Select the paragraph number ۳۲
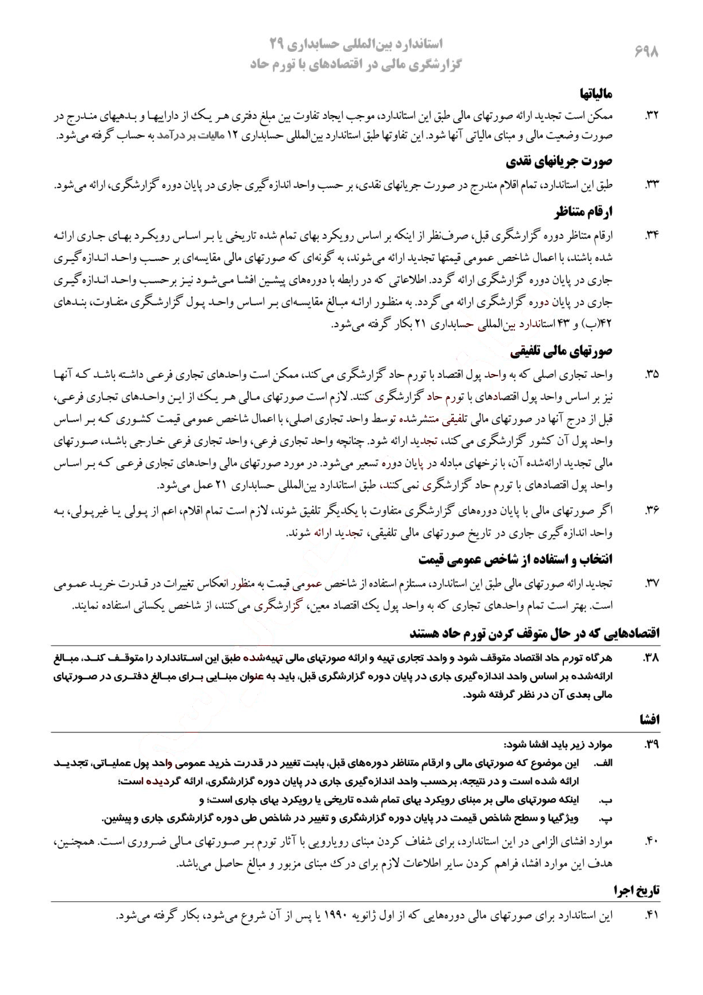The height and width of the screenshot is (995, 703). (651, 116)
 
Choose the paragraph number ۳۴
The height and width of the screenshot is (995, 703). (651, 236)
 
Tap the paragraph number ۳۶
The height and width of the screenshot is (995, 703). (651, 511)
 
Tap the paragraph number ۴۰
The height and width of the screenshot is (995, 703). (651, 842)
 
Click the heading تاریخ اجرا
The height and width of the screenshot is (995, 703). (636, 890)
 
